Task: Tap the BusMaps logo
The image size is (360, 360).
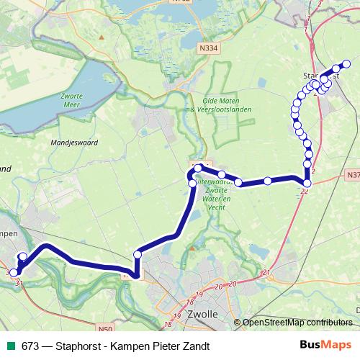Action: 326,346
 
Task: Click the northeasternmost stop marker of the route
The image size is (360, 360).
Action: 346,64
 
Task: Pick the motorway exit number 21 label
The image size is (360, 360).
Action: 266,272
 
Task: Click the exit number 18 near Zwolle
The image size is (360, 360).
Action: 189,303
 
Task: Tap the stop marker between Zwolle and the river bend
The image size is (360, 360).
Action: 138,253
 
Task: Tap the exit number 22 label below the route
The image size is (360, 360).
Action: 305,191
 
